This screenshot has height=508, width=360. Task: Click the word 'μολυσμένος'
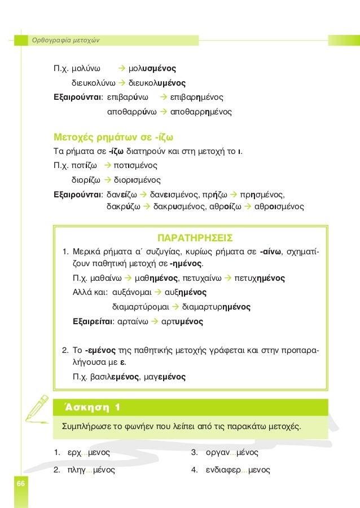pos(152,69)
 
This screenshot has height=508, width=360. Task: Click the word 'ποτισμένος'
pos(135,166)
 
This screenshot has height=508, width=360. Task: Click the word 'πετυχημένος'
pos(257,279)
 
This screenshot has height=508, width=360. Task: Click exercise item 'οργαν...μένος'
pos(232,453)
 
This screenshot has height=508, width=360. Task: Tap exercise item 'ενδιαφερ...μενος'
pos(238,469)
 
